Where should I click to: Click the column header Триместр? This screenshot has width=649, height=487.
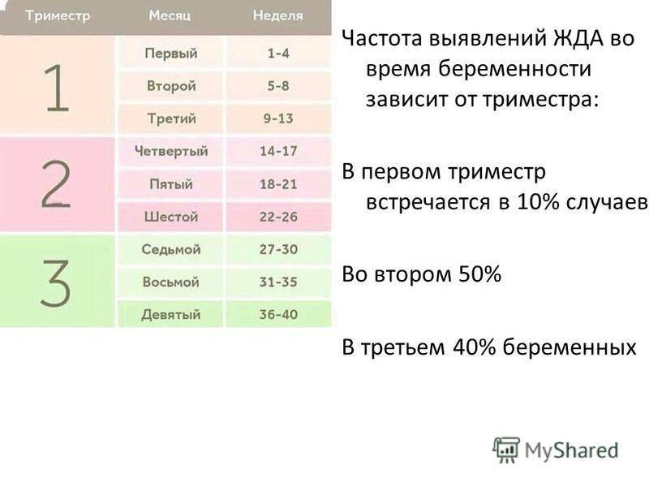(x=58, y=15)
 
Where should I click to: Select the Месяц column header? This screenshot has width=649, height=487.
(x=170, y=15)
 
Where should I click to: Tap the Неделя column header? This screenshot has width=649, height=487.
(x=278, y=15)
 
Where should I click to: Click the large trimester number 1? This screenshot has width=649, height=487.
(x=57, y=88)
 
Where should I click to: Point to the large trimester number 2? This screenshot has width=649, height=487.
(x=56, y=183)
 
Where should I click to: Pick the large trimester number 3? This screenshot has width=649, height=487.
(x=55, y=282)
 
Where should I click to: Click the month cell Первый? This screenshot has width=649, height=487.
(x=171, y=54)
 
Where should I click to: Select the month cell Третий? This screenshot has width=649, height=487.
(x=171, y=119)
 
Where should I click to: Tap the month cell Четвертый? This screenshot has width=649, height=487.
(x=171, y=151)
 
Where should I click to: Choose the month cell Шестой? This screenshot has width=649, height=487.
(x=171, y=217)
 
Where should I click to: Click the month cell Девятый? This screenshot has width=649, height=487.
(x=171, y=315)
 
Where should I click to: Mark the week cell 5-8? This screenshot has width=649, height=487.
(x=278, y=86)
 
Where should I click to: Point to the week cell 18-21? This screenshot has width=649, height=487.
(x=278, y=184)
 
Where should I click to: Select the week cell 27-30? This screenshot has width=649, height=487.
(x=278, y=249)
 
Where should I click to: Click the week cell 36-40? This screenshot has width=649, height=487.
(x=278, y=314)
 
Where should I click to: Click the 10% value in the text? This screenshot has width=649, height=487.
(x=537, y=202)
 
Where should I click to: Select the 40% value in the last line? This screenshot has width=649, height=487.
(x=475, y=347)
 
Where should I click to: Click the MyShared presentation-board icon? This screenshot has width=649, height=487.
(x=506, y=450)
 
